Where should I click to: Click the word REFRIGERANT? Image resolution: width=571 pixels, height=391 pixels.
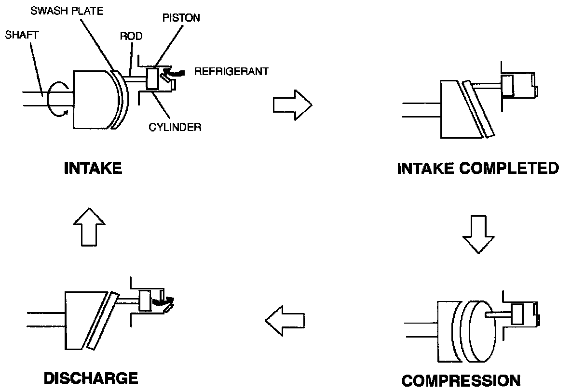(231, 71)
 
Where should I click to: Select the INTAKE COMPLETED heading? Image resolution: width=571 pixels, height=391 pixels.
(478, 169)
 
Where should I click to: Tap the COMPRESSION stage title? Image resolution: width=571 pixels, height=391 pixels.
(461, 380)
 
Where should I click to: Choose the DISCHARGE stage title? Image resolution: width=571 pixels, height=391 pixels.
(91, 378)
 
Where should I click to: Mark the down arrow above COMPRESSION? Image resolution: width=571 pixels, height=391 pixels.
(478, 235)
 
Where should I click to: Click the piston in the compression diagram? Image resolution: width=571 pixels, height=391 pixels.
(518, 314)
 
